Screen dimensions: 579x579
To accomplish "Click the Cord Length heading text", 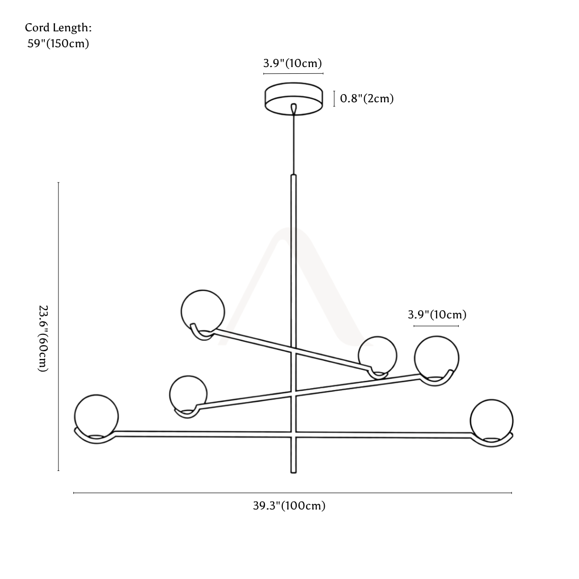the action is tap(58, 28).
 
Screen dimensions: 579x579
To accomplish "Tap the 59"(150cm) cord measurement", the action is tap(58, 43).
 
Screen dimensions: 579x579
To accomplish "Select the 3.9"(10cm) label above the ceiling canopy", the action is tap(293, 63).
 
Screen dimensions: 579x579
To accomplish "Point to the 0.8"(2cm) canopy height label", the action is tap(367, 98).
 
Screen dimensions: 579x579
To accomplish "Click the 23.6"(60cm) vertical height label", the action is tap(42, 339).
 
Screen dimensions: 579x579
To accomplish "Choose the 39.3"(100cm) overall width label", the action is tap(289, 506).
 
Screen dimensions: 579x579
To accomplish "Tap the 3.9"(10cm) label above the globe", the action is tap(437, 315).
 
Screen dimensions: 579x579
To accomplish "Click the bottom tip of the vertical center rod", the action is tap(293, 473).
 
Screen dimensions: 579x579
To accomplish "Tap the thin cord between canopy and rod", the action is tap(294, 144).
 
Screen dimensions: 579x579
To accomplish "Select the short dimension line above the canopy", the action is tap(293, 73).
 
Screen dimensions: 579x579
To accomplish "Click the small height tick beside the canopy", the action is tap(334, 99).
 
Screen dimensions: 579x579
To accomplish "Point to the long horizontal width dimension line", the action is tap(292, 493).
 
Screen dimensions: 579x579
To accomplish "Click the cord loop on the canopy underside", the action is tap(294, 109).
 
